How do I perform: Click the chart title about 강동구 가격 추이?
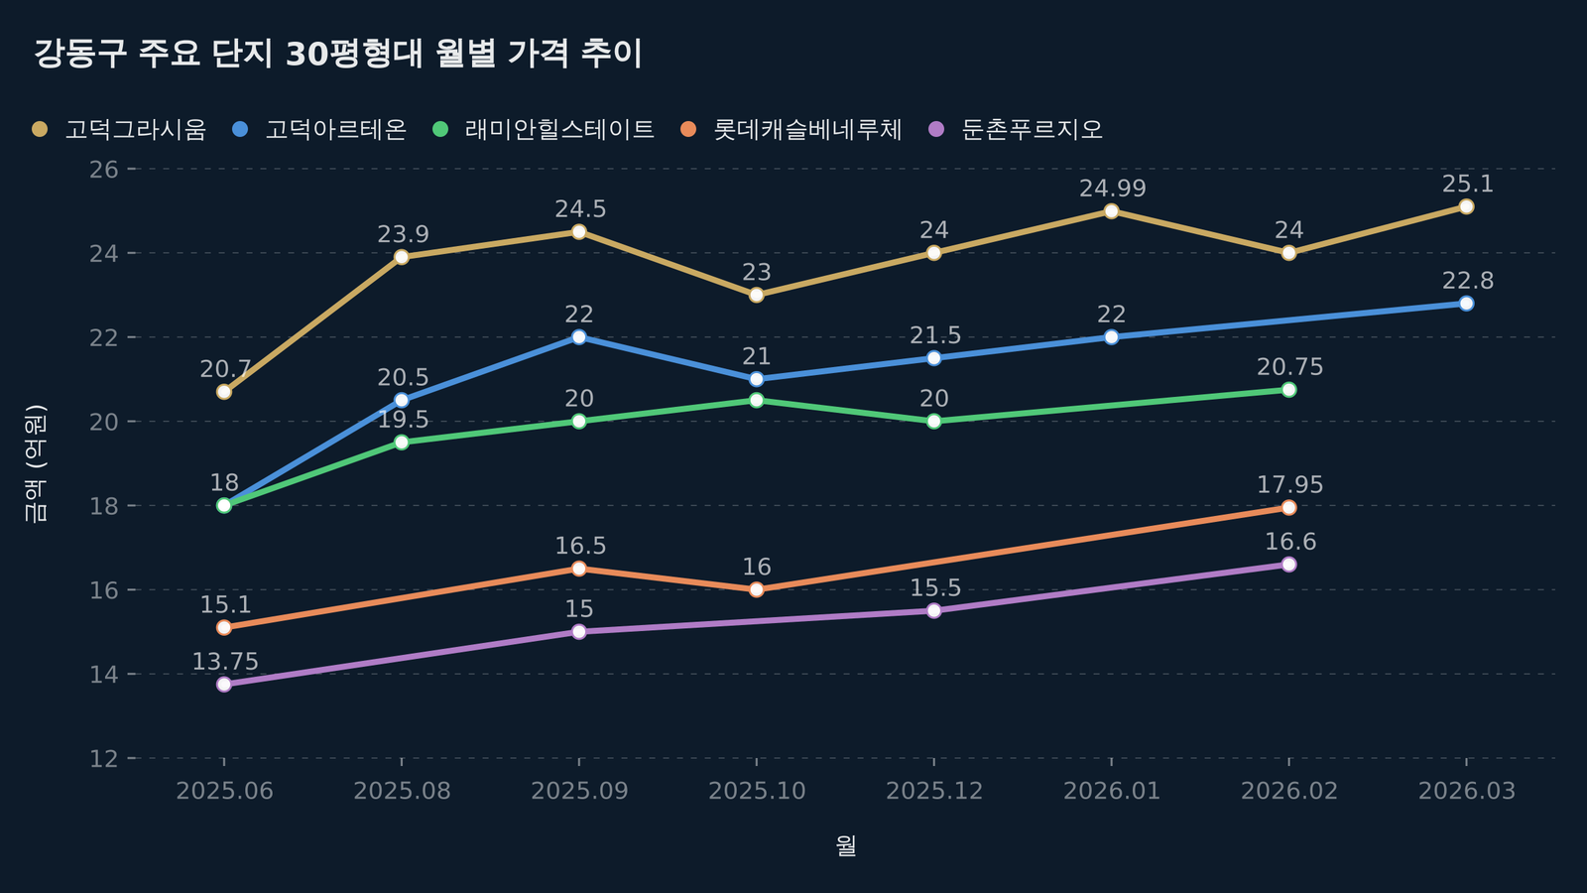(x=338, y=54)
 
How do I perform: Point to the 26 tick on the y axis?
(x=103, y=170)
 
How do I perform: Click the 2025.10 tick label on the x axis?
(x=757, y=791)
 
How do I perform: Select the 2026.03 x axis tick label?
(x=1466, y=791)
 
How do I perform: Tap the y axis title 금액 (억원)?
(x=35, y=462)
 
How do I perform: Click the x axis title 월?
(x=845, y=846)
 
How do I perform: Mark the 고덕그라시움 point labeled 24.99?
(x=1111, y=211)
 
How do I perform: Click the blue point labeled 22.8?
(x=1466, y=304)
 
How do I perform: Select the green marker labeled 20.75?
(x=1288, y=390)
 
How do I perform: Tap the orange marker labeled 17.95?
(x=1288, y=508)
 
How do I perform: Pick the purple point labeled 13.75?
(x=224, y=685)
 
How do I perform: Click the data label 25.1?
(x=1467, y=185)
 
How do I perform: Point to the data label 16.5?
(x=580, y=547)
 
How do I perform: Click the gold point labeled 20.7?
(x=224, y=392)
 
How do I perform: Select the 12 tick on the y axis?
(x=103, y=759)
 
